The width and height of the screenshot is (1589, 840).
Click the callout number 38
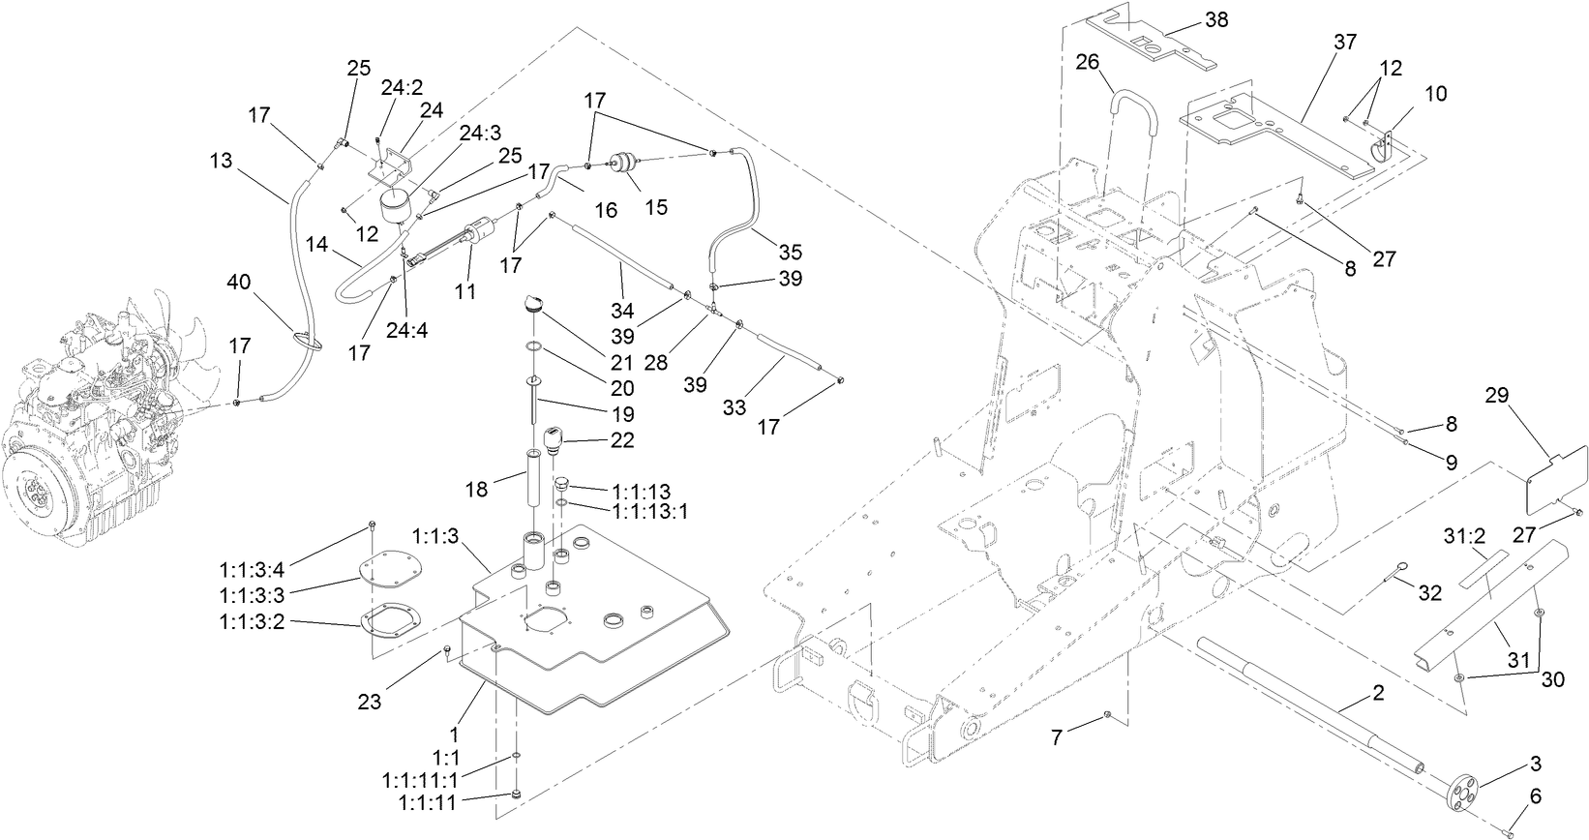coord(1216,18)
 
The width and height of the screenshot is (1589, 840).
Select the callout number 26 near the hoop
coord(1088,63)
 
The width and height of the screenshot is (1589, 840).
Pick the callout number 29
coord(1497,395)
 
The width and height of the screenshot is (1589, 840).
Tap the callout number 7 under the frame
coord(1057,737)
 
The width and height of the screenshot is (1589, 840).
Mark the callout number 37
coord(1345,42)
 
